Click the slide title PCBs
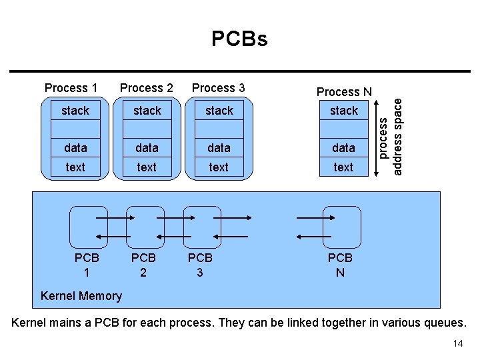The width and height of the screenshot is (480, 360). (x=239, y=39)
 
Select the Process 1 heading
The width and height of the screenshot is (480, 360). (x=71, y=88)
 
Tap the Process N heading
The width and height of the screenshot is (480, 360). (x=344, y=92)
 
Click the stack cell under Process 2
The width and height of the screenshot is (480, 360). (x=147, y=111)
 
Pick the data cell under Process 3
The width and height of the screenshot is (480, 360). (x=219, y=148)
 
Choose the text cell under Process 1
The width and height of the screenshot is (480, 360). (x=75, y=167)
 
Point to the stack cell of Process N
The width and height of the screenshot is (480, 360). (x=344, y=111)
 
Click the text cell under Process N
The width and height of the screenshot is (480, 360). (x=343, y=167)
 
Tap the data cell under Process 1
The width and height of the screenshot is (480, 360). (x=75, y=148)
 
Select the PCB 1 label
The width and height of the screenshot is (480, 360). (x=87, y=265)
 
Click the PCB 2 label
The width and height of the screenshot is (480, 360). (x=143, y=265)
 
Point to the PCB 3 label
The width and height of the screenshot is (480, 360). (x=200, y=265)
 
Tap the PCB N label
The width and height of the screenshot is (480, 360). (x=340, y=265)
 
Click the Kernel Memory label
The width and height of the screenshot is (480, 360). (x=81, y=296)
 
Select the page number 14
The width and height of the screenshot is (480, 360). (x=457, y=343)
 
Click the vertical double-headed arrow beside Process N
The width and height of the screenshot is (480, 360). (x=378, y=134)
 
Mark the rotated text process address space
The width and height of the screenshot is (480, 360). (x=390, y=135)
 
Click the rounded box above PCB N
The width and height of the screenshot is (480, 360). (x=341, y=227)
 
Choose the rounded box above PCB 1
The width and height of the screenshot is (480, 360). (x=89, y=227)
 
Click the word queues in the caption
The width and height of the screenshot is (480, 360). (x=443, y=323)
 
